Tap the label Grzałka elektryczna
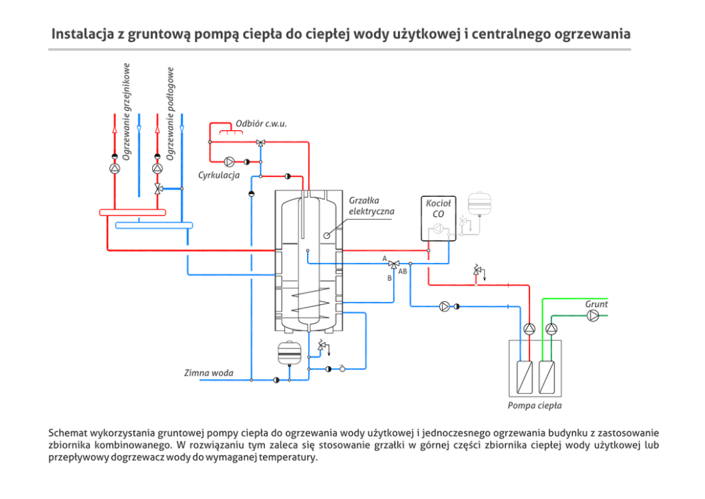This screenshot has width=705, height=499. tap(371, 206)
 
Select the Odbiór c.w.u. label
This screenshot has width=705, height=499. tap(266, 124)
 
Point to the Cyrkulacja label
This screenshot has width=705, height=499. tap(219, 175)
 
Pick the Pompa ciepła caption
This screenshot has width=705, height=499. tap(534, 406)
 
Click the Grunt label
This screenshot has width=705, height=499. tap(596, 304)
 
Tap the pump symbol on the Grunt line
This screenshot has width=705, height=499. tap(593, 315)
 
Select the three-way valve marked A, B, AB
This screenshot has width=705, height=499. tap(394, 264)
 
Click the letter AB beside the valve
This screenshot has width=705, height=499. tap(403, 272)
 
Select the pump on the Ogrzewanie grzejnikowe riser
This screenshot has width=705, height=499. tap(114, 169)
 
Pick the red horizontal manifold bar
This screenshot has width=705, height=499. tap(132, 212)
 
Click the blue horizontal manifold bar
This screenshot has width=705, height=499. tap(154, 225)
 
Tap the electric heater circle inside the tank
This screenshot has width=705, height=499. tap(327, 236)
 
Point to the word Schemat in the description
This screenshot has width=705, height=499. tap(68, 433)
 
